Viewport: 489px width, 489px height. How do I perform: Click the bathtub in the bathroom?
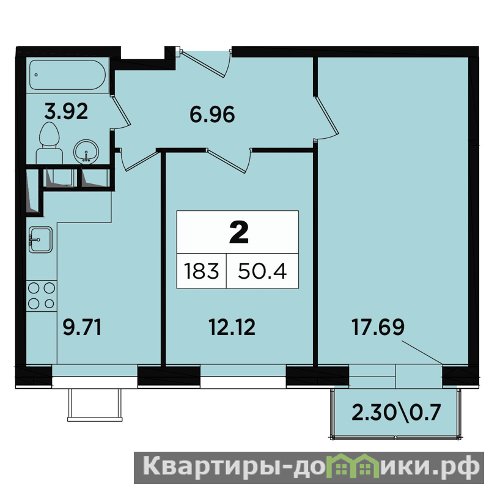[68, 75]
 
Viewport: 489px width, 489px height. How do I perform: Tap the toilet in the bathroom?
[50, 143]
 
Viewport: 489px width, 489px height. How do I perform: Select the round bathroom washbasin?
[86, 151]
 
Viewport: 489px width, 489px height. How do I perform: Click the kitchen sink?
[40, 240]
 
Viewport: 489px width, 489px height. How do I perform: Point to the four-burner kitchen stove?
[42, 296]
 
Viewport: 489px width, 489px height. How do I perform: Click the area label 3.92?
[66, 112]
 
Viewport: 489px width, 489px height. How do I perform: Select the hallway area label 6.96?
[212, 114]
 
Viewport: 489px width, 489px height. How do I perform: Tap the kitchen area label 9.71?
[82, 328]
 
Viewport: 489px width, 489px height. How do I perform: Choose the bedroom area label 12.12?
[232, 328]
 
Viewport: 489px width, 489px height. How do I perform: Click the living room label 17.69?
[378, 327]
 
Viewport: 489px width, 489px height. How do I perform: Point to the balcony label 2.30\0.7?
[396, 412]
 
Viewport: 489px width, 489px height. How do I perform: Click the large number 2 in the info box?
[238, 232]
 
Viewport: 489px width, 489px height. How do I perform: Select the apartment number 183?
[201, 271]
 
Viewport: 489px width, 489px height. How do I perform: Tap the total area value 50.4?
[262, 271]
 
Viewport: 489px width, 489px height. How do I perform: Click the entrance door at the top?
[206, 62]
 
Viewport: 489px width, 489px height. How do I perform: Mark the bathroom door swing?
[120, 112]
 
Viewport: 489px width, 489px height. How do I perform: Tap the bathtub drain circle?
[37, 75]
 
